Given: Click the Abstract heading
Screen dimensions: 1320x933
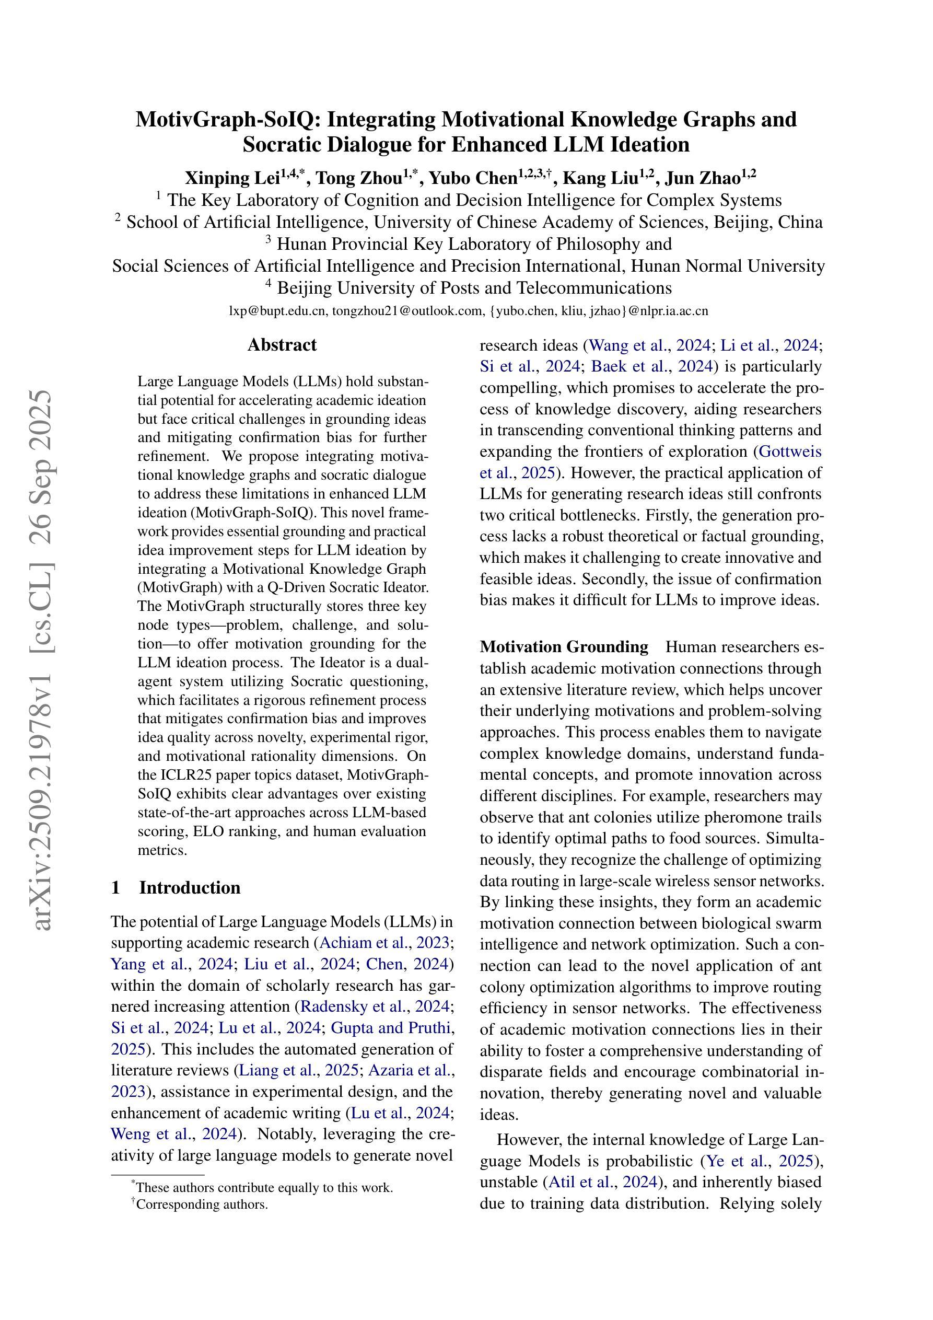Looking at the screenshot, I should coord(282,345).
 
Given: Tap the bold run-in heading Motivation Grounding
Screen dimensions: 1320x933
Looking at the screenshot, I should coord(564,647).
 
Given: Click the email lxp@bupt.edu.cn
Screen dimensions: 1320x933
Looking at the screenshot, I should coord(278,311).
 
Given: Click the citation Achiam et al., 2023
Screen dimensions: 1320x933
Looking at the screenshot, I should coord(384,943).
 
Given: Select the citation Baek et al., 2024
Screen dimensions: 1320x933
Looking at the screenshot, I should coord(652,366).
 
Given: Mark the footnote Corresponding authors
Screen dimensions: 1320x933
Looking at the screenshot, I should coord(202,1204).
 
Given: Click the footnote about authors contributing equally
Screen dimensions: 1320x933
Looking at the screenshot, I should coord(264,1187).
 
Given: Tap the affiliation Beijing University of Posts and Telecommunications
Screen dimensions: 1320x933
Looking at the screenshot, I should coord(474,287).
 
